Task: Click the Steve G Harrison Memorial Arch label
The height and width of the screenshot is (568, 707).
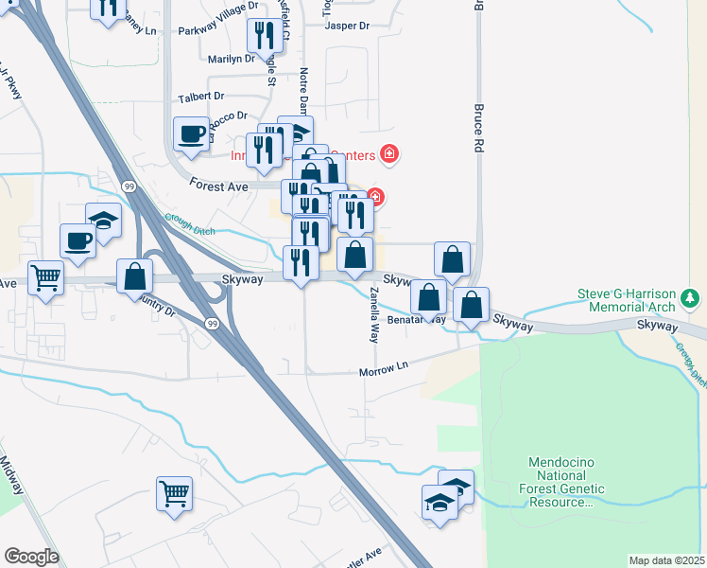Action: click(627, 300)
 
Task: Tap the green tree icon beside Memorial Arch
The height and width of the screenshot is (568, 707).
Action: click(692, 300)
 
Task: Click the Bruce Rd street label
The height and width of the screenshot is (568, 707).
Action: click(479, 131)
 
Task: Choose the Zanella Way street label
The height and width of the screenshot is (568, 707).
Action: click(374, 314)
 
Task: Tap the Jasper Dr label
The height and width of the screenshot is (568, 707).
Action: click(347, 26)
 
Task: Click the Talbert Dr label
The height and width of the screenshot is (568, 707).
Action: click(200, 97)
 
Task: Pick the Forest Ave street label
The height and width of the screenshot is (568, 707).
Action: click(218, 186)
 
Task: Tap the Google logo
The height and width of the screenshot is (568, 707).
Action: click(31, 557)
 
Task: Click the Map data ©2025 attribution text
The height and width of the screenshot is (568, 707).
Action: click(666, 560)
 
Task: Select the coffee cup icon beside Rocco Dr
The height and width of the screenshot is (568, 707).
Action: click(191, 133)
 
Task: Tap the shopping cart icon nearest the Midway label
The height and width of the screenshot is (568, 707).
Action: click(174, 492)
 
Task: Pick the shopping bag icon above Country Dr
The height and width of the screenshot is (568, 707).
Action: click(134, 275)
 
